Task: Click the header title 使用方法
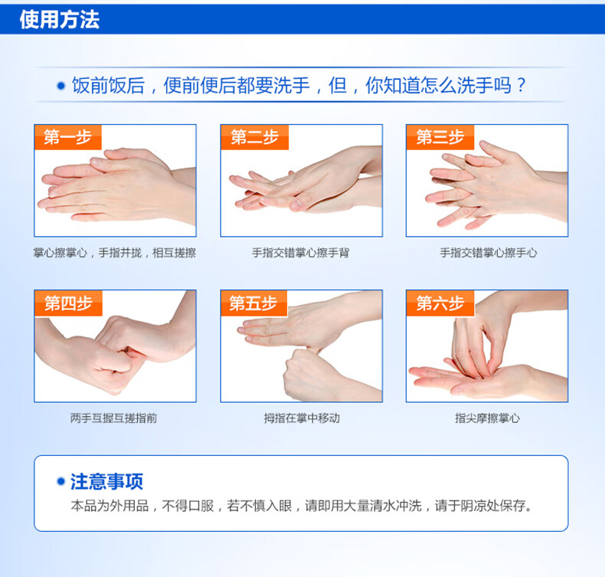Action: tap(60, 19)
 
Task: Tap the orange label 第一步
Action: tap(68, 137)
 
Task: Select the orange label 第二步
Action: tap(255, 137)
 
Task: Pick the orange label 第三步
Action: tap(440, 137)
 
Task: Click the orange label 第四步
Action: tap(68, 303)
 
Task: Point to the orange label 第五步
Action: tap(254, 303)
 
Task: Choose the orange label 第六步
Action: tap(440, 303)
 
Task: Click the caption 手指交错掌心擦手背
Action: tap(300, 253)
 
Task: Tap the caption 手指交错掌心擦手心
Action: tap(488, 253)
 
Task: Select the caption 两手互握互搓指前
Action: tap(114, 418)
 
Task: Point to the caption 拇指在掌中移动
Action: tap(302, 418)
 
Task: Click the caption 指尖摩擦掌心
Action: tap(487, 418)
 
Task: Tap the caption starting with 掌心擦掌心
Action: tap(115, 253)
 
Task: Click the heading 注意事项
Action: tap(106, 481)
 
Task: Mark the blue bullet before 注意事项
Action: tap(60, 481)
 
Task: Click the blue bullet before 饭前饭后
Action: tap(61, 85)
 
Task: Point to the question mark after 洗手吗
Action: tap(522, 85)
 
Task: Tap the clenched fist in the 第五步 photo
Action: tap(309, 375)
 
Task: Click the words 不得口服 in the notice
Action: tap(188, 505)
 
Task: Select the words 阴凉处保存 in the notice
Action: tap(492, 505)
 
